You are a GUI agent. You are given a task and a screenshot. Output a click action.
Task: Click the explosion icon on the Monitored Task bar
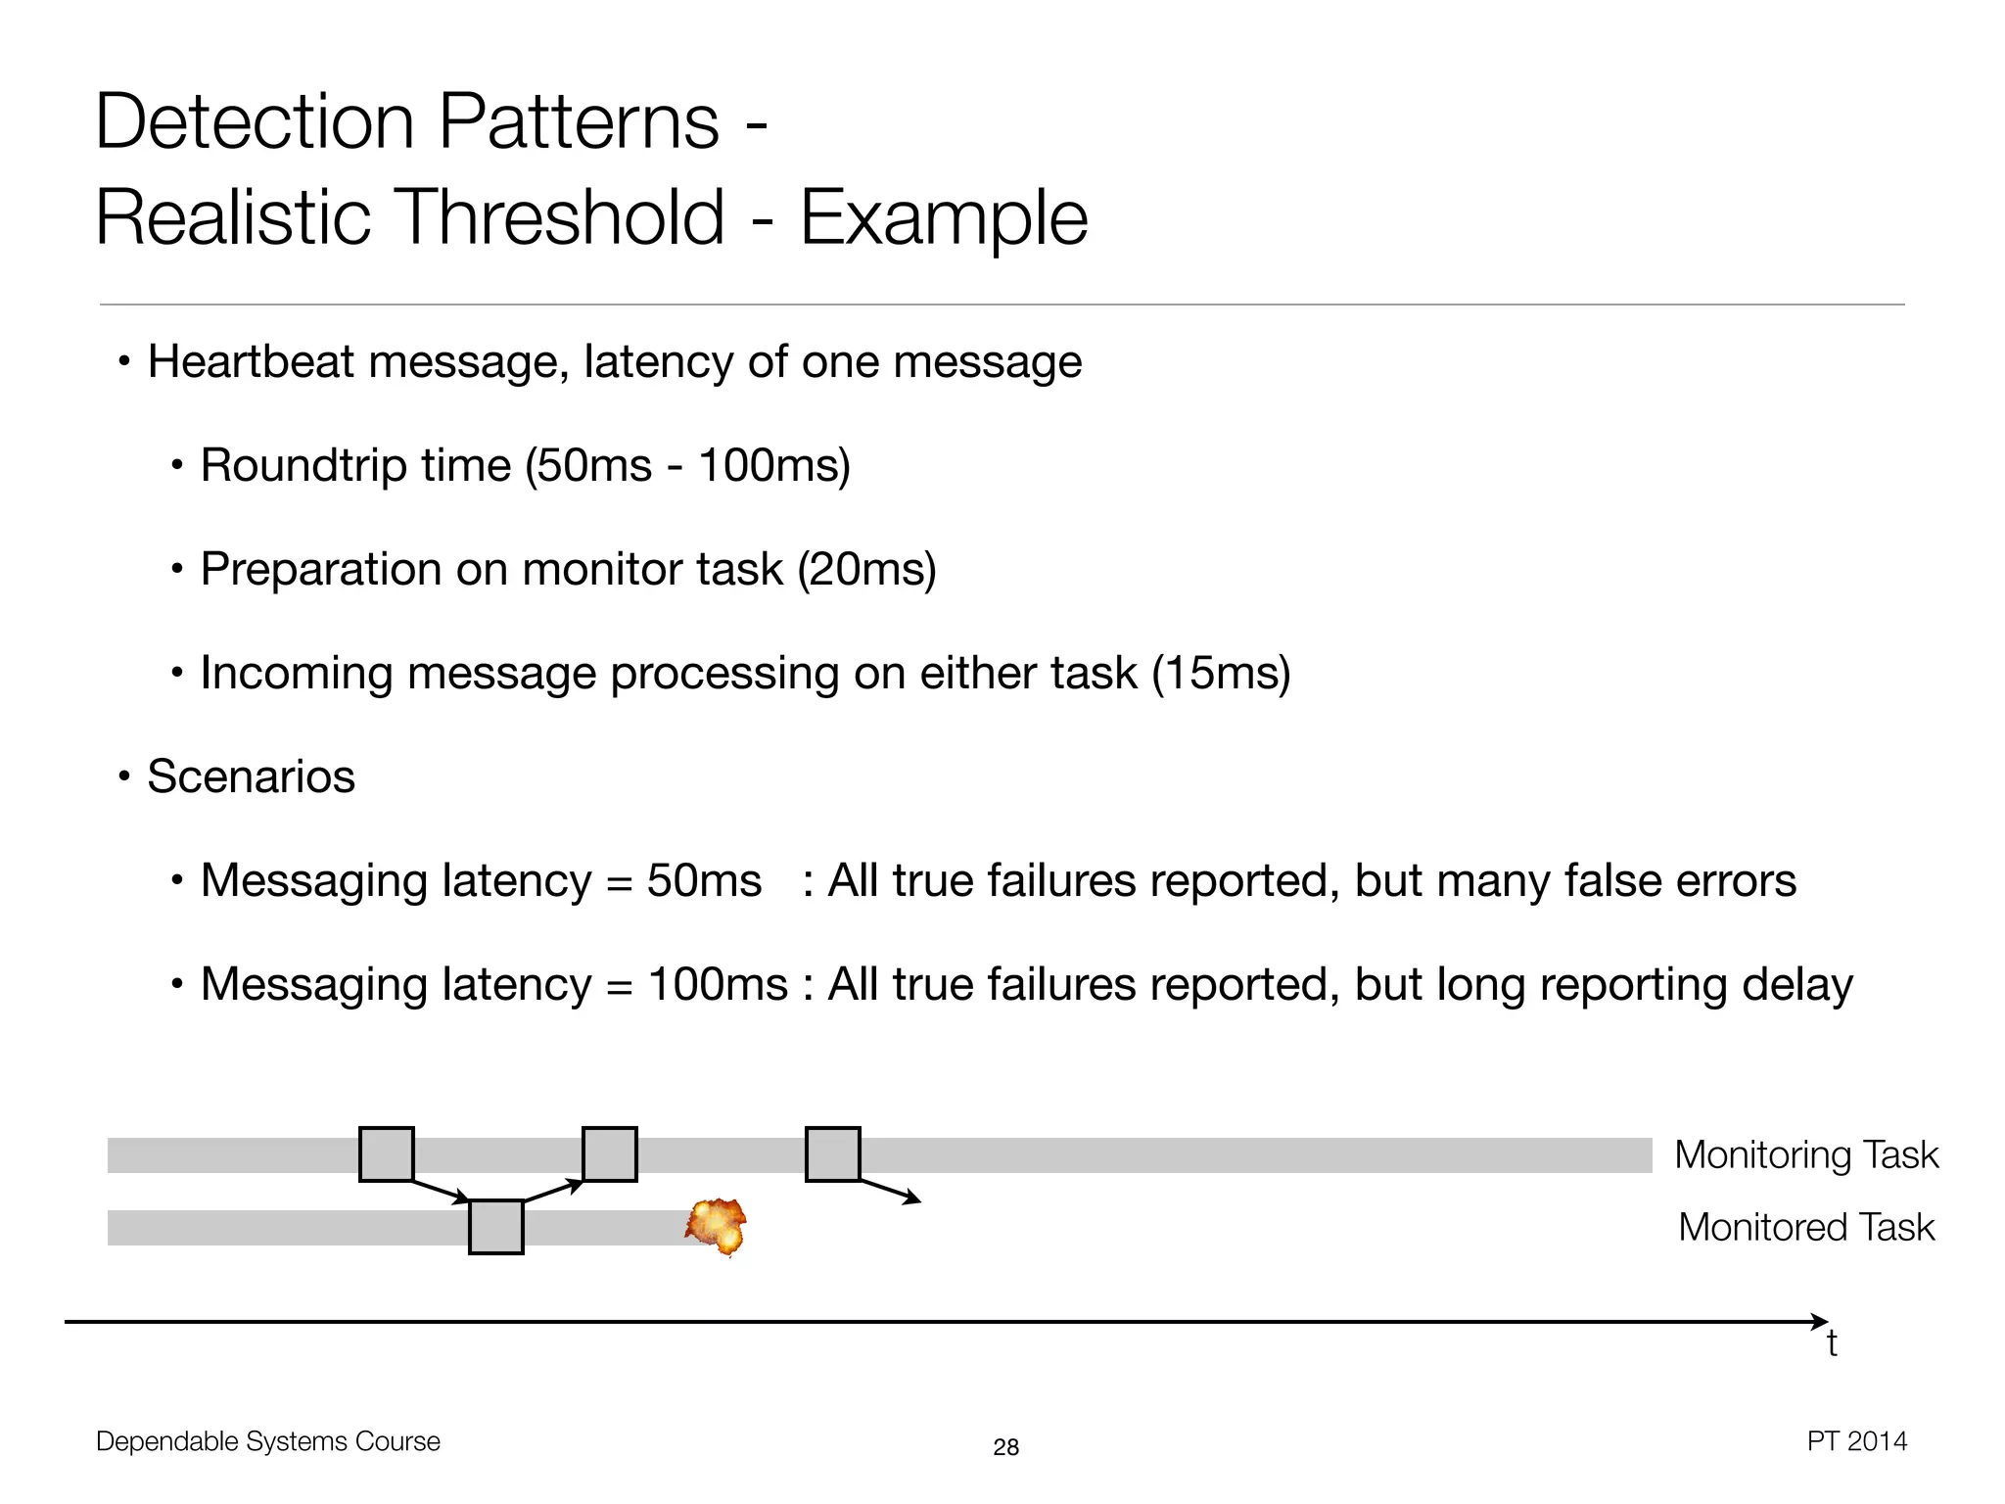tap(717, 1226)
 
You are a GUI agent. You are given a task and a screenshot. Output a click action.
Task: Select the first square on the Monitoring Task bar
tap(387, 1154)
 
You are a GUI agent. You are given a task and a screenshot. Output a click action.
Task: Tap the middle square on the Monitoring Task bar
tap(610, 1154)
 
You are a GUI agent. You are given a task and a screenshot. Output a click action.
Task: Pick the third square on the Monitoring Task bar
tap(833, 1154)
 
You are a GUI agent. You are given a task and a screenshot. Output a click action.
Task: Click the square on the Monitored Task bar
tap(496, 1227)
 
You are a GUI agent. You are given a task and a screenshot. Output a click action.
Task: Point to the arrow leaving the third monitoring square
tap(891, 1192)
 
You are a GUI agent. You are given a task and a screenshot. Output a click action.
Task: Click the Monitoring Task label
tap(1806, 1155)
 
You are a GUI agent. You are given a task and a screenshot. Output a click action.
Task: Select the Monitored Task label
tap(1806, 1228)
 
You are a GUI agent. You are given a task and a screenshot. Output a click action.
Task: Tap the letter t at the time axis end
tap(1832, 1344)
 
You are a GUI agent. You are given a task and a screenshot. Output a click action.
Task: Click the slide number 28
tap(1005, 1447)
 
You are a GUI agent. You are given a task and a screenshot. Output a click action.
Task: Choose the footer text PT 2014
tap(1856, 1441)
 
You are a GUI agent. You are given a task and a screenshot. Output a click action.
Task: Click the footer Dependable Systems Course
tap(268, 1441)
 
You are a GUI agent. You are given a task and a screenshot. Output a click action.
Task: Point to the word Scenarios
tap(251, 776)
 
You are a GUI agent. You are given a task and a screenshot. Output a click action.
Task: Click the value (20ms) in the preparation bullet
tap(866, 569)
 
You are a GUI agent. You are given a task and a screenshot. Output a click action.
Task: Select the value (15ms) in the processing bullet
tap(1221, 673)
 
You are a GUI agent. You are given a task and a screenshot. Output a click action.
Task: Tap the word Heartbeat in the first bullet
tap(251, 361)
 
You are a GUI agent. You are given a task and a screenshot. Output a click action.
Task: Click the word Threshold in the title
tap(563, 217)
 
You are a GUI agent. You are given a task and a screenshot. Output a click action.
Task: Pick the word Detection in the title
tap(255, 121)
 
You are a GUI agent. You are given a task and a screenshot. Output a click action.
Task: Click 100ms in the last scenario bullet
tap(718, 984)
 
